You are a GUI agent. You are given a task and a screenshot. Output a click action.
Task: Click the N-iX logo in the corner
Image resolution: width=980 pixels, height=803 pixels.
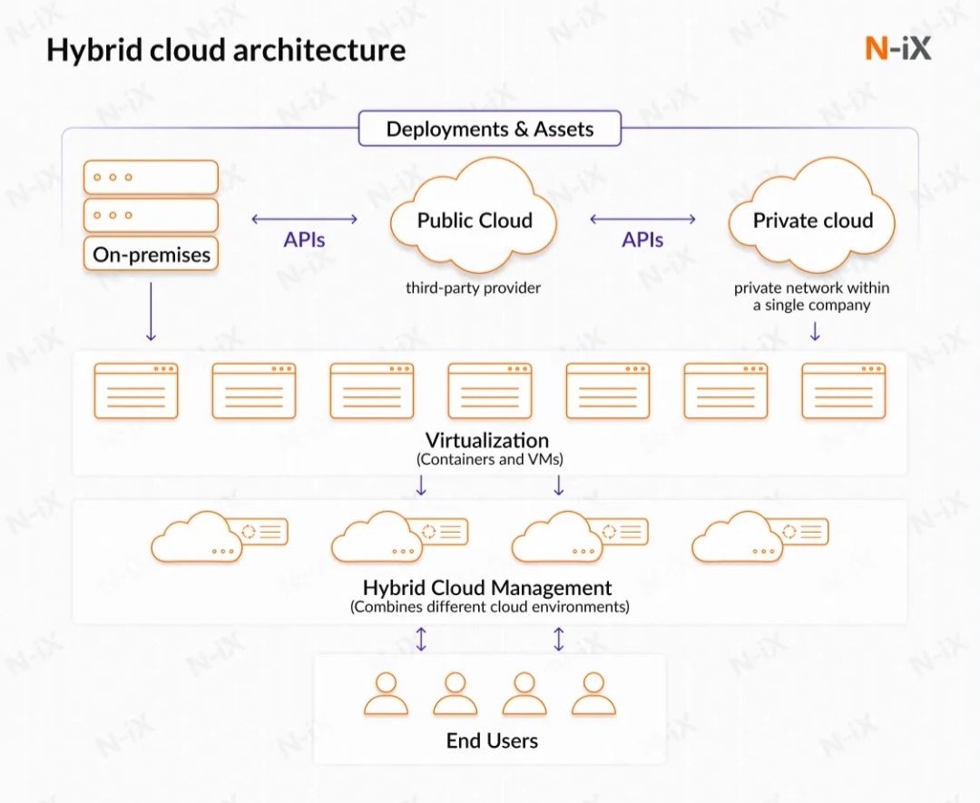pyautogui.click(x=897, y=48)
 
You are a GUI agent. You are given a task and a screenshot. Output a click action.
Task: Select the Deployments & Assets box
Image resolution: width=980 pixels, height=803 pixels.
pyautogui.click(x=490, y=129)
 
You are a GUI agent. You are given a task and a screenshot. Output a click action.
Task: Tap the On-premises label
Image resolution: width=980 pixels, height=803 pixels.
pyautogui.click(x=152, y=254)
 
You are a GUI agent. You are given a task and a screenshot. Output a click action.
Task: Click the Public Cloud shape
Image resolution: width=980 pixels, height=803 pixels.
pyautogui.click(x=475, y=220)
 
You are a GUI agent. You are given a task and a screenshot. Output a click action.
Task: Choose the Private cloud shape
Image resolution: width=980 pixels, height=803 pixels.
pyautogui.click(x=812, y=220)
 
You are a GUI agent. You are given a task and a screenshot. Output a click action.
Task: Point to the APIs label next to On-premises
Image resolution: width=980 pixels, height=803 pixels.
pyautogui.click(x=304, y=240)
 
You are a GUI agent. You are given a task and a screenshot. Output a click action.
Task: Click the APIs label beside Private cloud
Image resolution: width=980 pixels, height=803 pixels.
pyautogui.click(x=642, y=240)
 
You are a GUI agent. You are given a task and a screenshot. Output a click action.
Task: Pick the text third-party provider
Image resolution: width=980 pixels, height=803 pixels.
pyautogui.click(x=473, y=289)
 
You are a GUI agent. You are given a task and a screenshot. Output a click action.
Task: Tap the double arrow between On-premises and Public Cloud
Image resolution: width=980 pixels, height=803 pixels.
pyautogui.click(x=304, y=219)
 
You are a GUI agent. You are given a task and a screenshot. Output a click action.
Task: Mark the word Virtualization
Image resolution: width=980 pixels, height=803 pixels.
pyautogui.click(x=487, y=441)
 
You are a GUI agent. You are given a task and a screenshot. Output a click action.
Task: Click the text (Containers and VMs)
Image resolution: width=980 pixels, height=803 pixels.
pyautogui.click(x=490, y=460)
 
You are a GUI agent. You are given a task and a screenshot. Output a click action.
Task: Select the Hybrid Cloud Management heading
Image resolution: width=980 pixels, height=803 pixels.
pyautogui.click(x=487, y=587)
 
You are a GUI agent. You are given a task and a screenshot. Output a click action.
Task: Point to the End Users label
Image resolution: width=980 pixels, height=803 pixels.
pyautogui.click(x=492, y=741)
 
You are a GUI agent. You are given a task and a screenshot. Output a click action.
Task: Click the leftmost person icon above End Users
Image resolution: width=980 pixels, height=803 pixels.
pyautogui.click(x=387, y=694)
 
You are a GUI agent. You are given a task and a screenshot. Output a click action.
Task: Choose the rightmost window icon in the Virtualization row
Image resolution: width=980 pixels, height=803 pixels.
pyautogui.click(x=843, y=391)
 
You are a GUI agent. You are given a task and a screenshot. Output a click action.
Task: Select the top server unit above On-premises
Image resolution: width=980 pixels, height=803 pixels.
pyautogui.click(x=151, y=177)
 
